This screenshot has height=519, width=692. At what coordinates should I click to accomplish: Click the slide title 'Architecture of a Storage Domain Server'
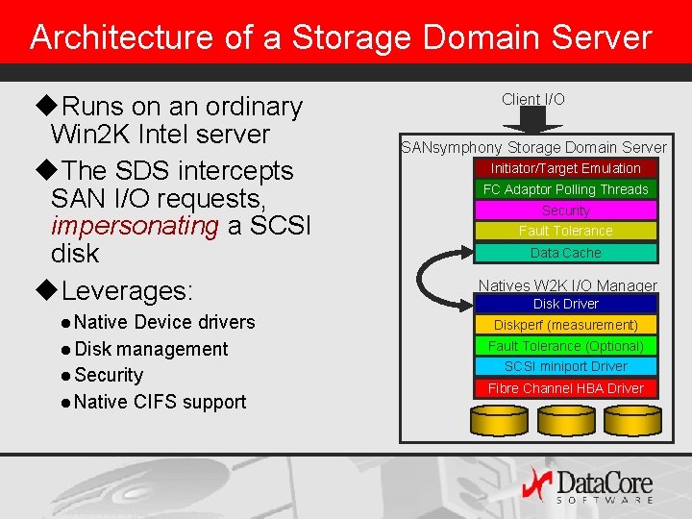click(340, 37)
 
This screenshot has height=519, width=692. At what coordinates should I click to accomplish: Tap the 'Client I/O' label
click(533, 99)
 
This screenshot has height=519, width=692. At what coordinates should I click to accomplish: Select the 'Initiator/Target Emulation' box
click(565, 168)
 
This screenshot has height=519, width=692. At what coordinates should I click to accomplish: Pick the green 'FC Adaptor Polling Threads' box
click(565, 189)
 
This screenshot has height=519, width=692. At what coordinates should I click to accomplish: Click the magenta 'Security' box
click(565, 210)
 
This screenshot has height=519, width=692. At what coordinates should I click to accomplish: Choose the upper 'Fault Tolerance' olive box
click(565, 231)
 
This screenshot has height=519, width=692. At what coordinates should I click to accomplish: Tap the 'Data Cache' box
click(565, 253)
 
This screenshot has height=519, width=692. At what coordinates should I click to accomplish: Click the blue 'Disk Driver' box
click(565, 304)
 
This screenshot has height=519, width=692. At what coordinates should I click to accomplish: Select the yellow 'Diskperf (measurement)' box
click(565, 325)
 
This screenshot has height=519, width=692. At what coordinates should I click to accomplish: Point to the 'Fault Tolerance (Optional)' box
click(565, 346)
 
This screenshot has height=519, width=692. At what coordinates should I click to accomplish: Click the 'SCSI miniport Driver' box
click(565, 366)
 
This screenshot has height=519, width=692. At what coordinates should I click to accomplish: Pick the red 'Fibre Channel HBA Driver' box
click(565, 388)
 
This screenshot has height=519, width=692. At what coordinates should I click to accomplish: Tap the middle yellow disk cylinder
click(565, 419)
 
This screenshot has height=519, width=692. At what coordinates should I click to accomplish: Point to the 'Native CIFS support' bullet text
click(160, 402)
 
